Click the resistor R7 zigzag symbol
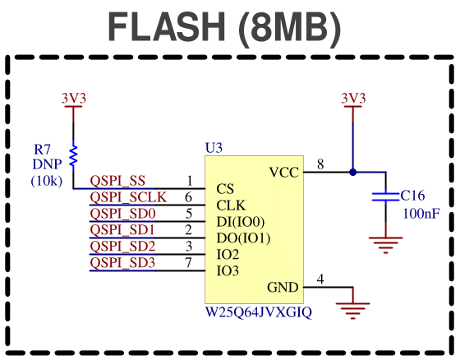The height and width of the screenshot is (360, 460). click(x=73, y=155)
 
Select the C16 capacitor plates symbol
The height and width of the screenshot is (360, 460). click(x=385, y=196)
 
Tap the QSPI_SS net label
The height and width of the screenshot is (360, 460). click(x=117, y=181)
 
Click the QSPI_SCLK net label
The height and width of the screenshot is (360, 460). click(x=128, y=197)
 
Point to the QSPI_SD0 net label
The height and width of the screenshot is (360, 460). click(x=122, y=214)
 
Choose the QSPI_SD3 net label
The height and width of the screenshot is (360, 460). click(x=122, y=262)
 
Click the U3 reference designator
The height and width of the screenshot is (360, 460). click(x=214, y=148)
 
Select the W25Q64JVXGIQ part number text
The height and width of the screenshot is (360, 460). click(x=259, y=312)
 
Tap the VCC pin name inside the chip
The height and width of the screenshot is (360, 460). click(x=283, y=173)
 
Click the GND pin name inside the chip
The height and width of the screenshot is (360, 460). click(x=283, y=287)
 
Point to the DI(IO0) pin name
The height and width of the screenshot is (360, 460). click(x=240, y=222)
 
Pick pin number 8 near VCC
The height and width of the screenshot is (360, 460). click(x=320, y=164)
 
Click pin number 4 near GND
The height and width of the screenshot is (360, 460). click(x=320, y=279)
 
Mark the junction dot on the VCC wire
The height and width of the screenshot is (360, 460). click(x=353, y=173)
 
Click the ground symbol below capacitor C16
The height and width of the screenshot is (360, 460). click(x=385, y=245)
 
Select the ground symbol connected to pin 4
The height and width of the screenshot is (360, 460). click(x=353, y=311)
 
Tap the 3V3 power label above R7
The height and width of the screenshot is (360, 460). click(x=74, y=99)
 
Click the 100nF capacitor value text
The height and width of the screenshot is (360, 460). click(x=421, y=214)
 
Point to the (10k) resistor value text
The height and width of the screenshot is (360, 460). click(x=47, y=181)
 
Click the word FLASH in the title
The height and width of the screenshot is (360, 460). click(x=167, y=26)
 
